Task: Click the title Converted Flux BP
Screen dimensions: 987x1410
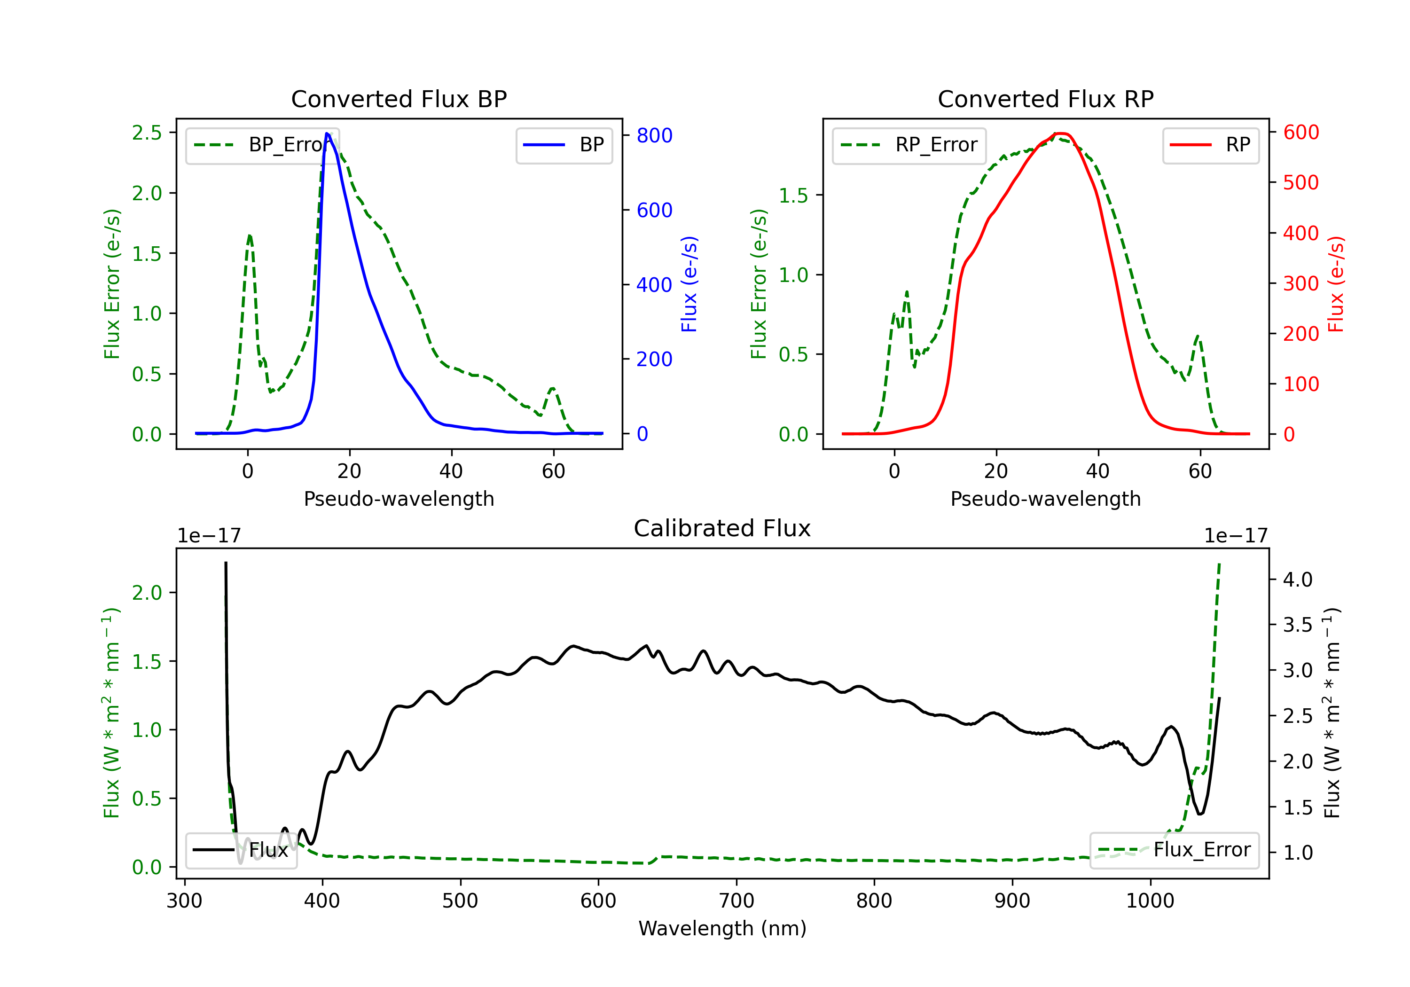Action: pos(399,99)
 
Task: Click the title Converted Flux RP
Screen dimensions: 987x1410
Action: pos(1045,99)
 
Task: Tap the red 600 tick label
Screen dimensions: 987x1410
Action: pos(1300,132)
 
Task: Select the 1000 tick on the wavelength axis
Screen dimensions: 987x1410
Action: pos(1150,901)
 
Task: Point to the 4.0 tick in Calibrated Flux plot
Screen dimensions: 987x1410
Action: pos(1298,579)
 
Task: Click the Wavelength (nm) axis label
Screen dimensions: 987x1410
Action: pos(722,928)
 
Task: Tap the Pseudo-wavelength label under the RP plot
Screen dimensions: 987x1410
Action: pos(1045,499)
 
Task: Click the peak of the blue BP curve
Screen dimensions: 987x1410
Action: pos(327,134)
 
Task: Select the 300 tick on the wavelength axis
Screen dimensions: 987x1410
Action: pos(184,901)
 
